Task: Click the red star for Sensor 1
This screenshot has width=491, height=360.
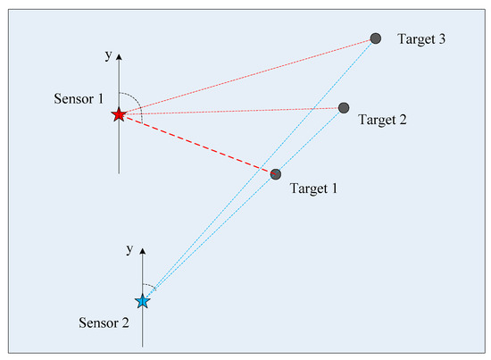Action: tap(119, 114)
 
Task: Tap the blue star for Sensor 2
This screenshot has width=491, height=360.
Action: tap(142, 302)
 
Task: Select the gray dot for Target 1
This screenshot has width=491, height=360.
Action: tap(276, 173)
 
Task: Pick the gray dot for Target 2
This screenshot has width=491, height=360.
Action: tap(344, 108)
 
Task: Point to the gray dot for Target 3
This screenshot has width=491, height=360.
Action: tap(376, 38)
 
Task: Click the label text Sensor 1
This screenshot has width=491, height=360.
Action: tap(77, 96)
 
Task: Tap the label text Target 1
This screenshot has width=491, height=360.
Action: tap(316, 188)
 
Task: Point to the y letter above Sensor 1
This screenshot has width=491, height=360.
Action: tap(107, 55)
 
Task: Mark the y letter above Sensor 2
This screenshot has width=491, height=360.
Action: tap(130, 247)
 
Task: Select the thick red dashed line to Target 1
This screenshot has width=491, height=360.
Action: tap(196, 144)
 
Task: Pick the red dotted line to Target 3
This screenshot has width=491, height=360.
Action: tap(250, 75)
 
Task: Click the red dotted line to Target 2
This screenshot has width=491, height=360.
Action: tap(232, 112)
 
